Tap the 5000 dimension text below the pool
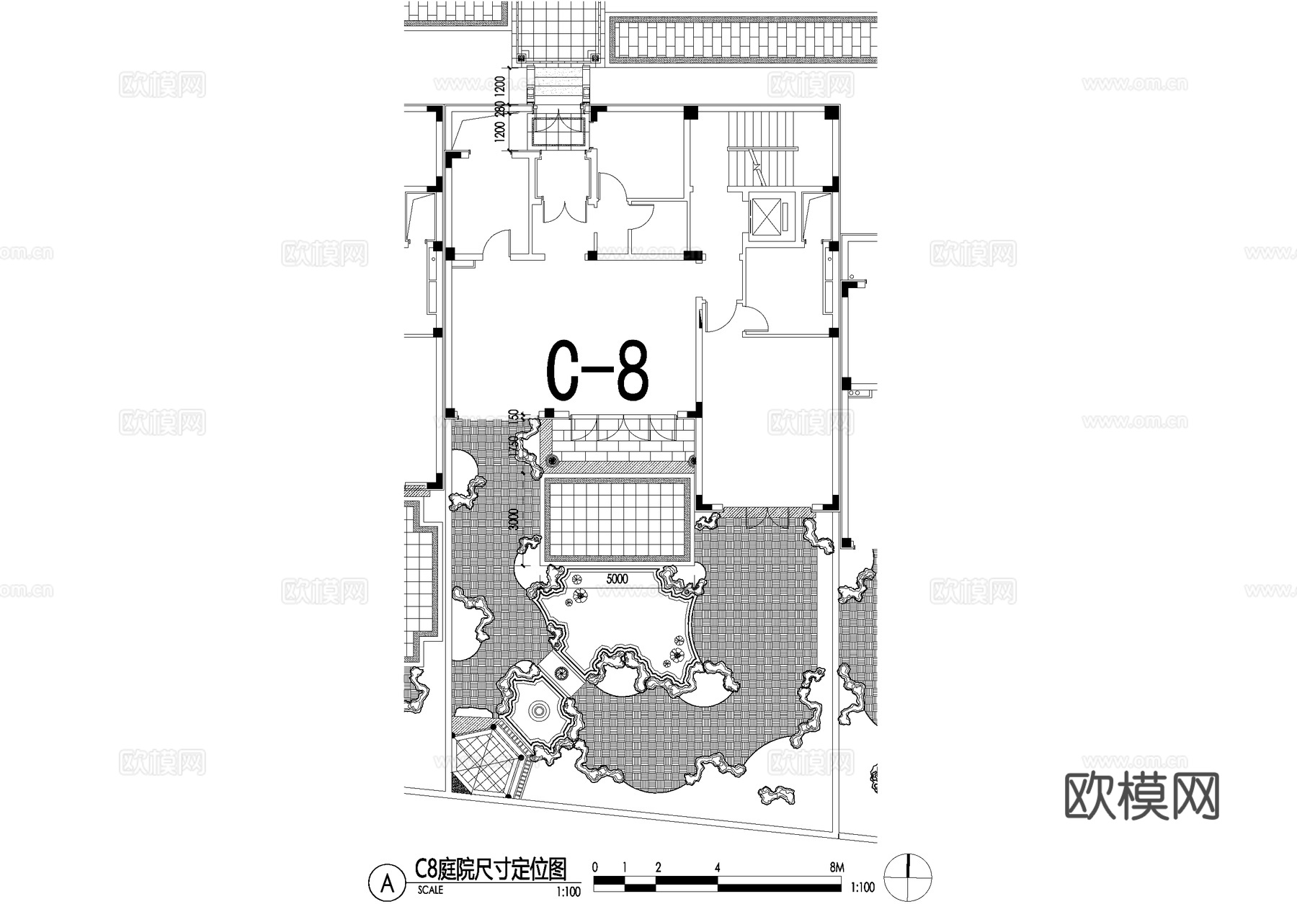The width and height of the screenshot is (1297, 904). tap(617, 578)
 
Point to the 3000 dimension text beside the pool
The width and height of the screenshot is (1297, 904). tap(514, 518)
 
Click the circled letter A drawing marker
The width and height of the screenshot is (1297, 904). tap(387, 883)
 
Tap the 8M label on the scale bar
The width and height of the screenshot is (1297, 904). tap(836, 867)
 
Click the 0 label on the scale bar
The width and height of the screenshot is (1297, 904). tap(594, 867)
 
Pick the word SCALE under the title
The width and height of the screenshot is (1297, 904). tap(430, 890)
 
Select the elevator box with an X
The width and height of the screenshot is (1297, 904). tap(766, 215)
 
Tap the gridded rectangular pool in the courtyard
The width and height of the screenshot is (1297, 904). tap(618, 520)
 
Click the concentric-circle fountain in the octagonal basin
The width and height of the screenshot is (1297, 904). tap(538, 712)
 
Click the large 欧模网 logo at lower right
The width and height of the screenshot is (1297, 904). tap(1141, 796)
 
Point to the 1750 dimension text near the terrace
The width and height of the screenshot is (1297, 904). tap(514, 449)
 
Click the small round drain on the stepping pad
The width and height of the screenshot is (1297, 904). tap(562, 674)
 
